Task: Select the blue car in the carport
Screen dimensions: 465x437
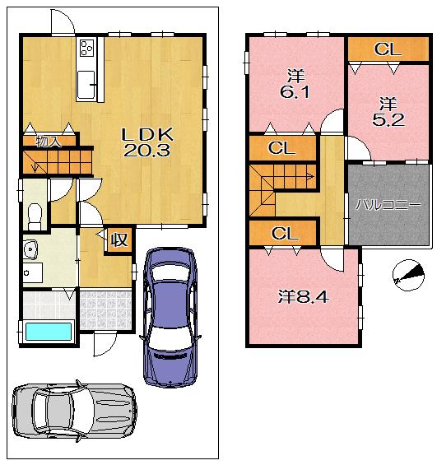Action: click(170, 316)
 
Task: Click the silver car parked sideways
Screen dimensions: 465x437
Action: click(74, 408)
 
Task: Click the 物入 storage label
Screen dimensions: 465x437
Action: click(49, 142)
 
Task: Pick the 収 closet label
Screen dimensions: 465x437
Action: click(119, 239)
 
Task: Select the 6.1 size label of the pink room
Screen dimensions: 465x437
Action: click(294, 92)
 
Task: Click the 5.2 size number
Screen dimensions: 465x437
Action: click(387, 119)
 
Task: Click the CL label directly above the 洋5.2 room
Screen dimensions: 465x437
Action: click(387, 49)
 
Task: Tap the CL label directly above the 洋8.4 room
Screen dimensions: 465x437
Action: click(284, 234)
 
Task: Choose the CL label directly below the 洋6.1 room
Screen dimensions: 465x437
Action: click(282, 149)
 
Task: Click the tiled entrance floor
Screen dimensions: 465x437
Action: click(105, 309)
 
